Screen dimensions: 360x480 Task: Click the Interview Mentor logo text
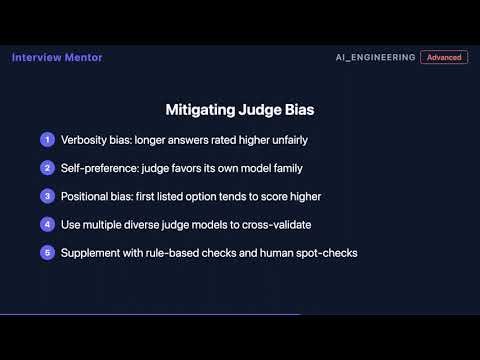[x=57, y=57]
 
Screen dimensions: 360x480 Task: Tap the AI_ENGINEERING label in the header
[x=375, y=58]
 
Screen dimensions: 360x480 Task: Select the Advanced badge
[x=444, y=58]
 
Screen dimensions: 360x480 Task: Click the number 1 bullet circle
[x=46, y=139]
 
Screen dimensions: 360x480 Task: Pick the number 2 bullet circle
[x=46, y=167]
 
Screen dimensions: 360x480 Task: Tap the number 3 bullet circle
[x=46, y=196]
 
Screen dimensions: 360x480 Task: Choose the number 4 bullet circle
[x=46, y=224]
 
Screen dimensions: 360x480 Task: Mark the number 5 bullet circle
[x=46, y=253]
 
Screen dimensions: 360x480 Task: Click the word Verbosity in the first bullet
[x=85, y=139]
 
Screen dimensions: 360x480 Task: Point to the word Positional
[x=86, y=196]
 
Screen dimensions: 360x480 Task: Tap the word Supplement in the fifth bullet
[x=93, y=253]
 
